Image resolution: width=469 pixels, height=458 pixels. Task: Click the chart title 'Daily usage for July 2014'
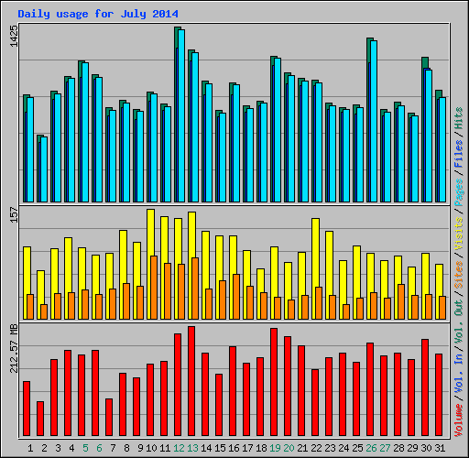(x=98, y=15)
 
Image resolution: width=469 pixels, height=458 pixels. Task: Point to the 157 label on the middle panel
(x=13, y=214)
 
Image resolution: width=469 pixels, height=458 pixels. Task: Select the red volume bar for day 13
(x=191, y=381)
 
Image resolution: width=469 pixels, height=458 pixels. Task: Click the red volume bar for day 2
(x=40, y=419)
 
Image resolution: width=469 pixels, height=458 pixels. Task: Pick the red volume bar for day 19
(x=274, y=382)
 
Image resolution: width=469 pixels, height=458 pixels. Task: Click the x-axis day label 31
(x=439, y=449)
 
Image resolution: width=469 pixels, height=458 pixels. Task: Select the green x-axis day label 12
(x=178, y=449)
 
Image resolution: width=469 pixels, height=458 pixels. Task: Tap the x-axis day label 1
(x=31, y=449)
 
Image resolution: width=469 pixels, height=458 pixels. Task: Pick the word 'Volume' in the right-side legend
(x=459, y=416)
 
